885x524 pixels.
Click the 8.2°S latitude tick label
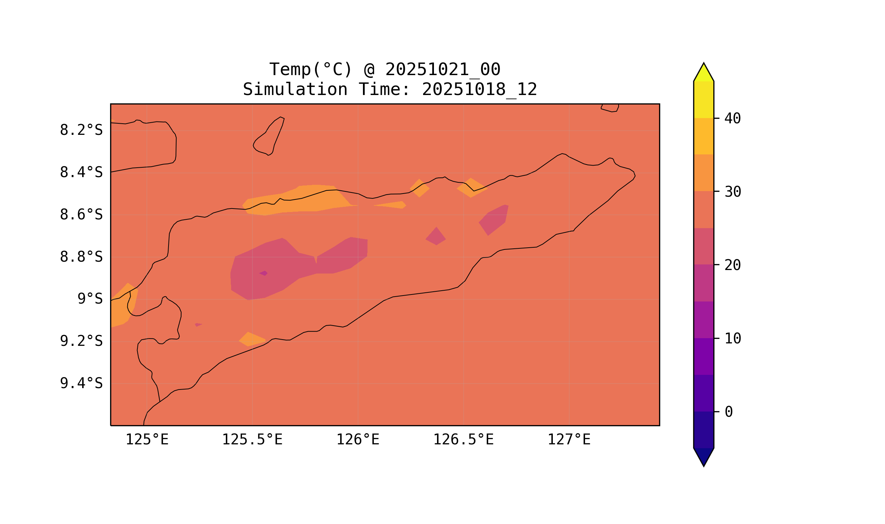point(81,130)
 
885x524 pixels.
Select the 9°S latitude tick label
point(90,299)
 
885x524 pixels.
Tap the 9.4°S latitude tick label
point(81,383)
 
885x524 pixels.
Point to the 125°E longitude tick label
point(147,439)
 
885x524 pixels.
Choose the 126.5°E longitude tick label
point(463,439)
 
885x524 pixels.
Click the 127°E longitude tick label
point(569,439)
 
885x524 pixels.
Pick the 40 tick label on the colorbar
point(732,119)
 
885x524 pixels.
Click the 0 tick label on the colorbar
point(729,412)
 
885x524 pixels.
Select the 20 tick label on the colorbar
point(732,265)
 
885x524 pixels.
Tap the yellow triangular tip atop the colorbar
point(704,73)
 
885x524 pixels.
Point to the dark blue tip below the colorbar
point(704,456)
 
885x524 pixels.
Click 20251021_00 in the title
point(443,70)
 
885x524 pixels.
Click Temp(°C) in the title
point(311,70)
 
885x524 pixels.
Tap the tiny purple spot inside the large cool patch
point(263,273)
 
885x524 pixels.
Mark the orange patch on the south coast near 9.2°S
point(252,339)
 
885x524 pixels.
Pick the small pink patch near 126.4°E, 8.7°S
point(436,237)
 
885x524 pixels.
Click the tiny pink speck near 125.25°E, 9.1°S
point(198,325)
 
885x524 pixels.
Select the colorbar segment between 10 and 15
point(704,320)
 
